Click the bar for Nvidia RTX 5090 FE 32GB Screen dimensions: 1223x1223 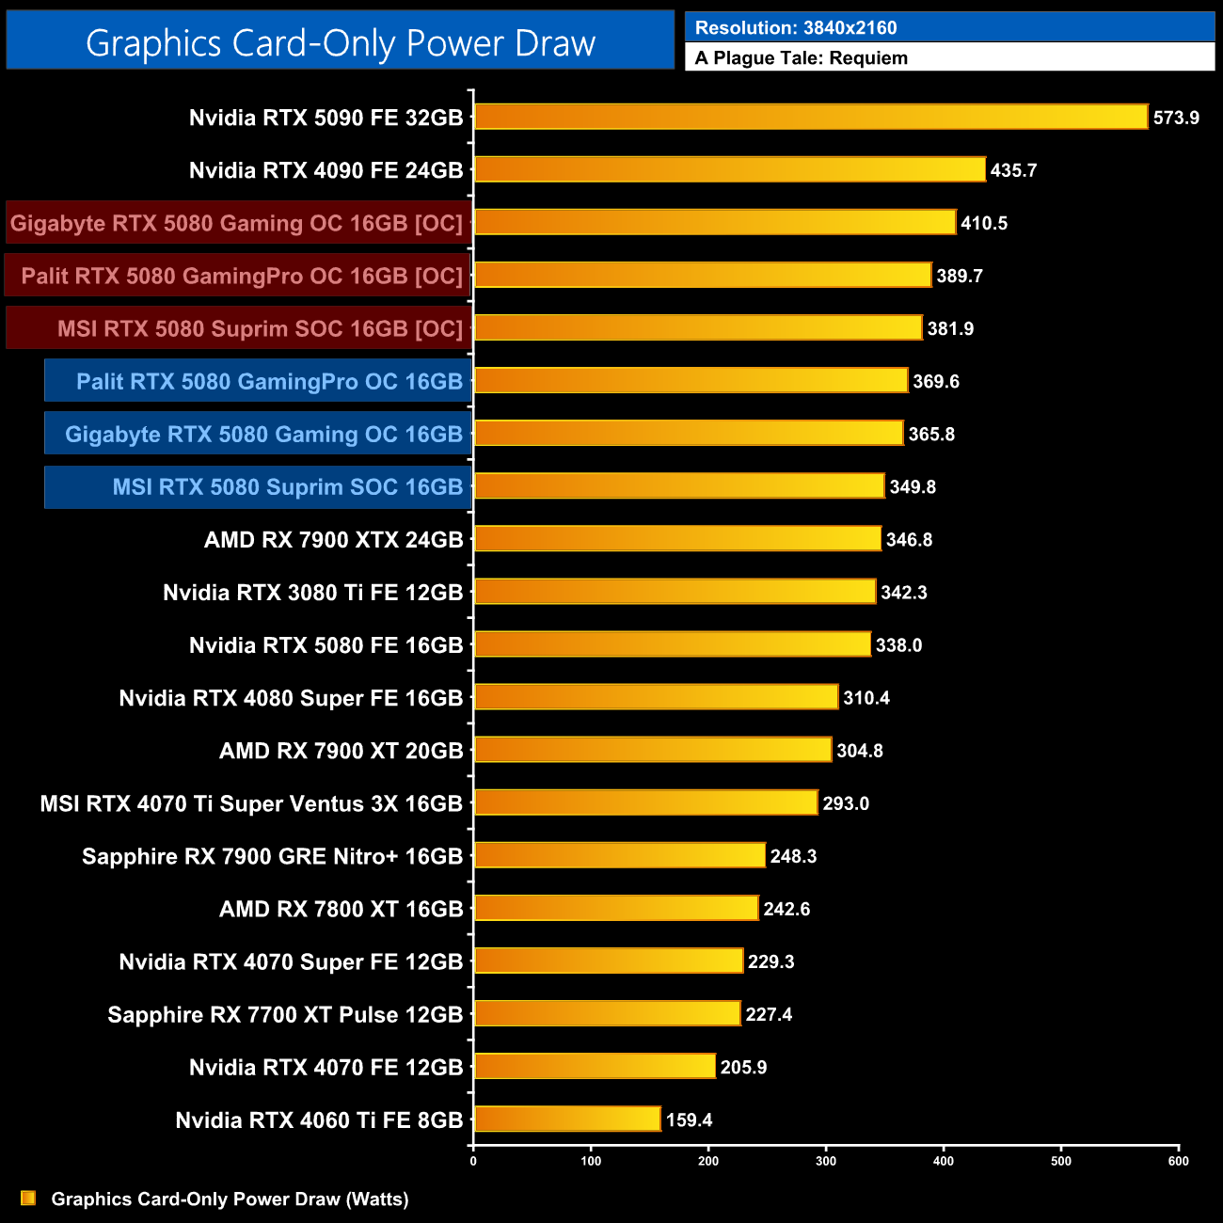coord(811,117)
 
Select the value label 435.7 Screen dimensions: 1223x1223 coord(1013,170)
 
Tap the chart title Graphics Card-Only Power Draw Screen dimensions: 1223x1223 coord(341,42)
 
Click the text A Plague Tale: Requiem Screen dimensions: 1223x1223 coord(802,58)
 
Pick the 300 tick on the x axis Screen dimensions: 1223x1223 coord(826,1161)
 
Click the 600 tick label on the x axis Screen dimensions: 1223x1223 coord(1178,1161)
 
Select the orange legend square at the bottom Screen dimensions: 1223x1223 coord(28,1198)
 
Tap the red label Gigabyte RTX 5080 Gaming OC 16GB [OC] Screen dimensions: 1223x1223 coord(237,223)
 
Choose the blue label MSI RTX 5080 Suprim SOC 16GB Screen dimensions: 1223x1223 coord(288,487)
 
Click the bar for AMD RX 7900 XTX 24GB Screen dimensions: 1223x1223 coord(677,539)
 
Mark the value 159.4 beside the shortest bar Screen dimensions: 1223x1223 coord(689,1120)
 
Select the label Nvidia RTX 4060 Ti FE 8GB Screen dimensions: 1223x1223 coord(319,1120)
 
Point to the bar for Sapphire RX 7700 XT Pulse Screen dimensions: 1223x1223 coord(608,1014)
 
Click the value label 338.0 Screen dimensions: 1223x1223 coord(898,645)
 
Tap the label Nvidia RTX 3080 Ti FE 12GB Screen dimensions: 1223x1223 coord(312,593)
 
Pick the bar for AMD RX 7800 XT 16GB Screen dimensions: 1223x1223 coord(616,909)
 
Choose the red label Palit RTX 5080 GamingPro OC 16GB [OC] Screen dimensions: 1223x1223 coord(242,276)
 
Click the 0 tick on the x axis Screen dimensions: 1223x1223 coord(473,1161)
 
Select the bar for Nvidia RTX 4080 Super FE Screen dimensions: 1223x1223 coord(656,697)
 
